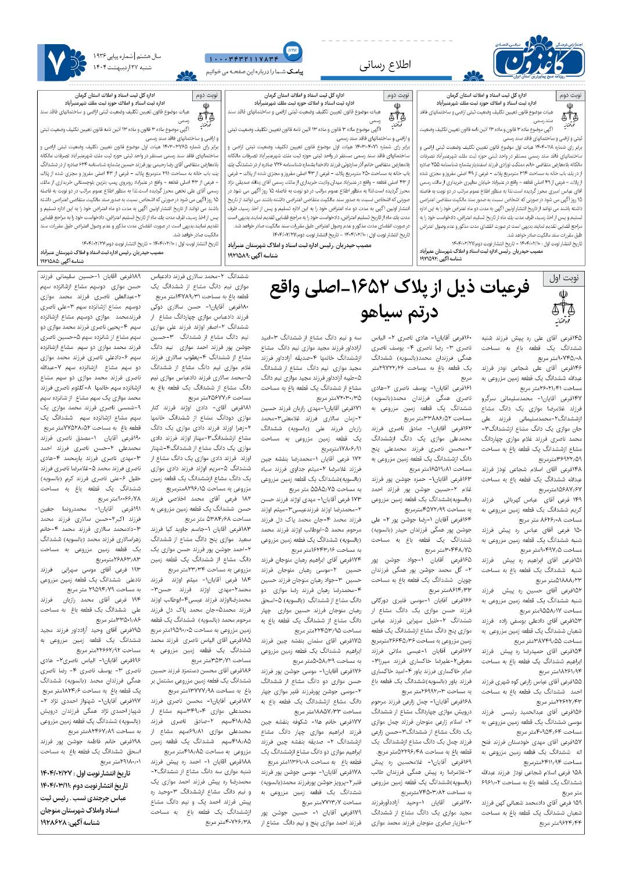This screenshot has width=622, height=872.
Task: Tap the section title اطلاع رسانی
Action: (384, 65)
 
